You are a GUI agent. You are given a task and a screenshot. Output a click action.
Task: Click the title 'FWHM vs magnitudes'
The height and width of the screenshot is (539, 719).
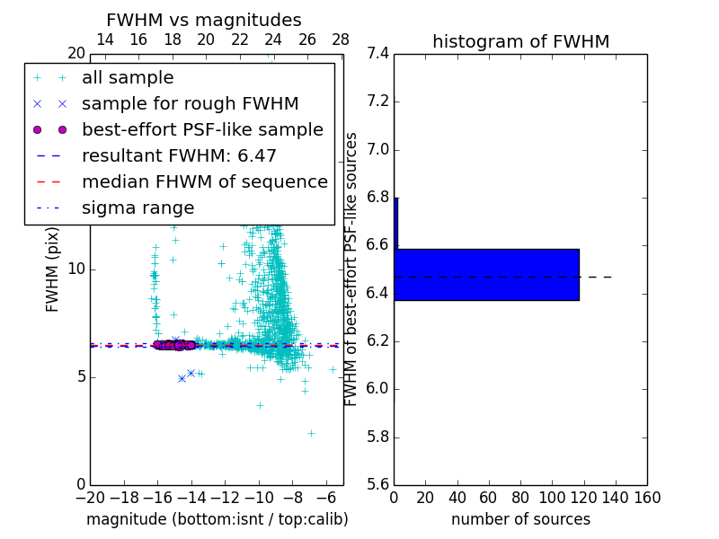click(204, 20)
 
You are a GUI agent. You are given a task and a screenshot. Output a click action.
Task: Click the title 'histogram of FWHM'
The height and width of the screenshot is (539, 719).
click(520, 41)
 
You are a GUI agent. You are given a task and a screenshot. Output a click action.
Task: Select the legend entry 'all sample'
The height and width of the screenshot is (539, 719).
click(128, 78)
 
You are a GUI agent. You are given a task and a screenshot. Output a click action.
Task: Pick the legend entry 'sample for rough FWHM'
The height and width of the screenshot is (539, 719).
click(190, 103)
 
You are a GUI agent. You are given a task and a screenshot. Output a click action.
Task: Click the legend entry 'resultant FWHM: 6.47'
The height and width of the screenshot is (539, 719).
click(179, 155)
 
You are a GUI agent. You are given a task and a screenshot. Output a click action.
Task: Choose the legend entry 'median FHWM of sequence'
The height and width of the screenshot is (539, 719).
click(204, 181)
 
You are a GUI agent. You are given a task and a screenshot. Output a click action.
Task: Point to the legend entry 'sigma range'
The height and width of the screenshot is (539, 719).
click(138, 208)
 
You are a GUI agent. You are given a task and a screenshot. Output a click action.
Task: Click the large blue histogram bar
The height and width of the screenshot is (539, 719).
click(486, 274)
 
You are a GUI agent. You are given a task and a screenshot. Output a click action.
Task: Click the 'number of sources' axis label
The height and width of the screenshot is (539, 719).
click(520, 519)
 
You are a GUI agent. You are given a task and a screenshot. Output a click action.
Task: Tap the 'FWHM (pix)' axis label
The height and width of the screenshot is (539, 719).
click(53, 269)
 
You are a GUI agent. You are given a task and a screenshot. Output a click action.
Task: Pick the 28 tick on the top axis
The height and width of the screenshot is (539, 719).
click(341, 40)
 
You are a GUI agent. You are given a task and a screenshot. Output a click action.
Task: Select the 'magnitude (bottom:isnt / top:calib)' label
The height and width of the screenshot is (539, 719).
click(217, 519)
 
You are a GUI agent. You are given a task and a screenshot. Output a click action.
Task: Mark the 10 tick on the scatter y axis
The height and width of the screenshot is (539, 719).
click(75, 269)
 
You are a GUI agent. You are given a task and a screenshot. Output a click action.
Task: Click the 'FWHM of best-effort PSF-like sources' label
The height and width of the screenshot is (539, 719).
click(352, 269)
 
